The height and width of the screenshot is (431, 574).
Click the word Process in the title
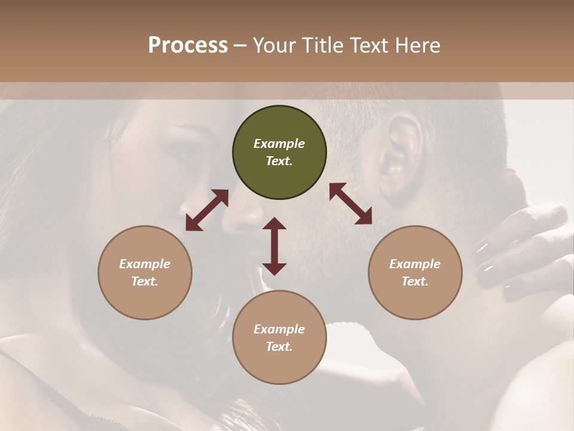tap(188, 45)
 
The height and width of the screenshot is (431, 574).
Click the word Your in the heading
tap(273, 45)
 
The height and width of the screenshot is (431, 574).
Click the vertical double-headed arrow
tap(274, 247)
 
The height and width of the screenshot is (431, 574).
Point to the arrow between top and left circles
tap(207, 210)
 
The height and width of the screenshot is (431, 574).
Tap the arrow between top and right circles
tap(351, 204)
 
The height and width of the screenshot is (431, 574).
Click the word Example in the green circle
tap(279, 144)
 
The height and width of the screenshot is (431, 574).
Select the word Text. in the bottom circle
tap(279, 347)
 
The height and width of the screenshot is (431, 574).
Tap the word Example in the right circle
tap(415, 264)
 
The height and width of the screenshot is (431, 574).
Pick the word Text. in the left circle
tap(145, 281)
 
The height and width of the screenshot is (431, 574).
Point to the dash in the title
tap(240, 46)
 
